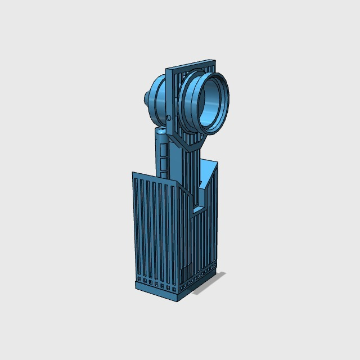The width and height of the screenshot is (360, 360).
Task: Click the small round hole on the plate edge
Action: tap(169, 118)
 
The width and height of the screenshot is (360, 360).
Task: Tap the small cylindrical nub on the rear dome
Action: tap(146, 98)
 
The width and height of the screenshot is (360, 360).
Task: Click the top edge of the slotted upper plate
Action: tap(191, 63)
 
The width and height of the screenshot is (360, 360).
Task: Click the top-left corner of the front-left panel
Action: tap(133, 173)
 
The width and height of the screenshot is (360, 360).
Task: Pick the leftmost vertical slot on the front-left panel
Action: tap(137, 225)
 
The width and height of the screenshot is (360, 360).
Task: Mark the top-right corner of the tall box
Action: tap(217, 164)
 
